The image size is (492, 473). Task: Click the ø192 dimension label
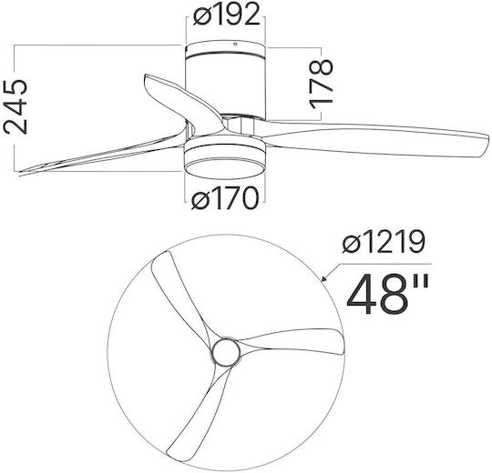(x=227, y=14)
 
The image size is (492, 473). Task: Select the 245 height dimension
(x=15, y=106)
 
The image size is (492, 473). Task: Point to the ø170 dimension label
(x=225, y=198)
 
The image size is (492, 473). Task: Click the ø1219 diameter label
(x=384, y=241)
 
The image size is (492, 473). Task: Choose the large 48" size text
(x=387, y=295)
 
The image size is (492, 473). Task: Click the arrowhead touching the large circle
(x=324, y=277)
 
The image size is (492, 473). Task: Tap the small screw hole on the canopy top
(x=235, y=44)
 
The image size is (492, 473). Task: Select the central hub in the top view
(x=226, y=351)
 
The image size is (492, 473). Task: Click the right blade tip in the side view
(x=487, y=143)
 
